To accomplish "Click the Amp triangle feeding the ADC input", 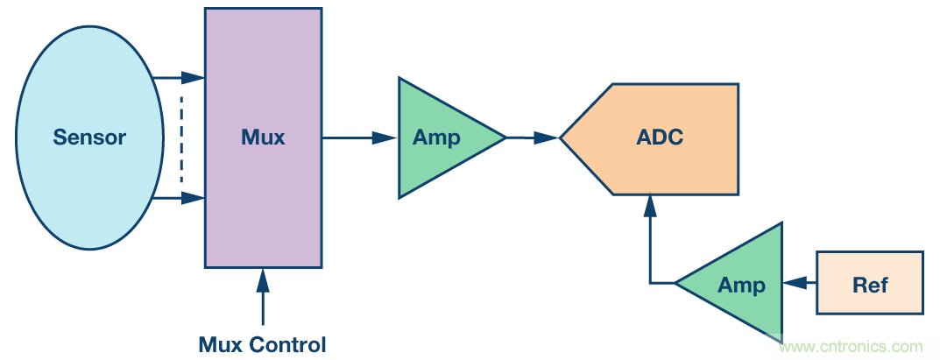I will click(442, 138).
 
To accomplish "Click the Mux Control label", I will click(263, 344).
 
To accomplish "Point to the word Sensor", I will click(89, 138).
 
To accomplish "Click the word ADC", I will click(661, 138).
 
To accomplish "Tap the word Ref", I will click(870, 284).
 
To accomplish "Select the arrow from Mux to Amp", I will click(359, 138).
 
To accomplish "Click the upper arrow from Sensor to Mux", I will click(180, 78).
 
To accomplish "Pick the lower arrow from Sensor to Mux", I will click(180, 199).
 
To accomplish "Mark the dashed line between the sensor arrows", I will click(181, 138).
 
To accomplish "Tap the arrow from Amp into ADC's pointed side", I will click(533, 138).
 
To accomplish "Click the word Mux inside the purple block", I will click(263, 138).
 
